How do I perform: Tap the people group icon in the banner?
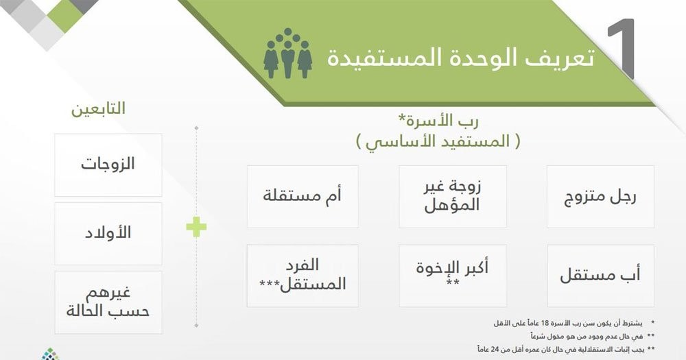[287, 53]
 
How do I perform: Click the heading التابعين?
[98, 108]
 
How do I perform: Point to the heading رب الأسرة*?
[438, 120]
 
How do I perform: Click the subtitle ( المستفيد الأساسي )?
[438, 141]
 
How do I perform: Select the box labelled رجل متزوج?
[600, 196]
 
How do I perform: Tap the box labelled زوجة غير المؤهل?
[452, 196]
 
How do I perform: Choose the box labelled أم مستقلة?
[303, 196]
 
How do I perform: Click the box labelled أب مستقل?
[600, 276]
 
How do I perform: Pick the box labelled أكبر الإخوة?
[452, 276]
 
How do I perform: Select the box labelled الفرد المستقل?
[303, 276]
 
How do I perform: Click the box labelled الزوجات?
[108, 165]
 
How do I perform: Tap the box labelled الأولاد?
[108, 234]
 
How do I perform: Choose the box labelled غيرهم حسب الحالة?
[108, 302]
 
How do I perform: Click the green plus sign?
[196, 227]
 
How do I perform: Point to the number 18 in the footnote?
[545, 323]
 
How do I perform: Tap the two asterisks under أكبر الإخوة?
[452, 283]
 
